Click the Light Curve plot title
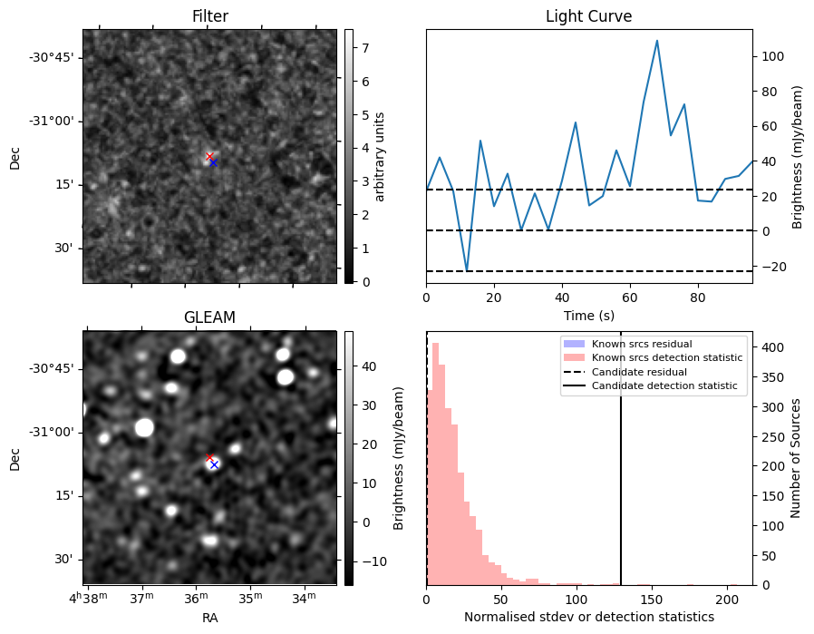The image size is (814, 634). (588, 16)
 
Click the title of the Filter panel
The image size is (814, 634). (209, 16)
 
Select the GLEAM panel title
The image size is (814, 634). (209, 317)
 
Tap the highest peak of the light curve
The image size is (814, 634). (657, 41)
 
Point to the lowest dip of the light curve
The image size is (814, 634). (467, 270)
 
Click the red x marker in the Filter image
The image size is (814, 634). (209, 156)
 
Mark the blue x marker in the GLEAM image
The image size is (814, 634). (214, 464)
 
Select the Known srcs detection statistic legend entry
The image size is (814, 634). (667, 358)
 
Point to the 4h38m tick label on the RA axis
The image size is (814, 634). (86, 599)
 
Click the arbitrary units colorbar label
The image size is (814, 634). (381, 156)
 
